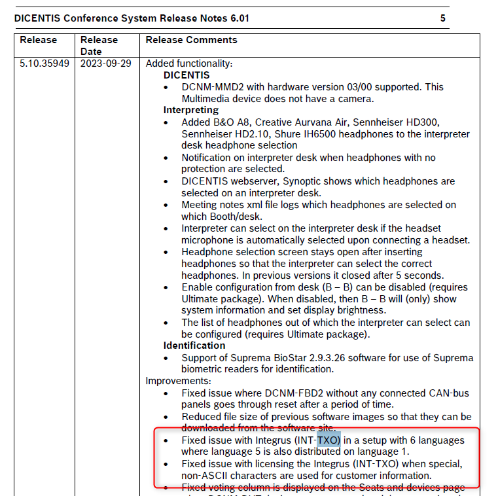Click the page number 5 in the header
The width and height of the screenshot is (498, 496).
coord(443,18)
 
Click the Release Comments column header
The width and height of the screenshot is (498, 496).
coord(191,40)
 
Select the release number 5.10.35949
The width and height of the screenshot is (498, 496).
coord(44,63)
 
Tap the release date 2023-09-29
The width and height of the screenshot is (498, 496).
coord(105,63)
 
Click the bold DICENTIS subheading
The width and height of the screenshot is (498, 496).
coord(187,75)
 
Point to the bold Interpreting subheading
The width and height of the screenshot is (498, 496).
coord(191,110)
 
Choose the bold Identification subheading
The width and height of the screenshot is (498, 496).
coord(194,345)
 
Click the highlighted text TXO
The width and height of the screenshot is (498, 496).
coord(329,440)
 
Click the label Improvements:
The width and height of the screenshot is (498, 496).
coord(178,381)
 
